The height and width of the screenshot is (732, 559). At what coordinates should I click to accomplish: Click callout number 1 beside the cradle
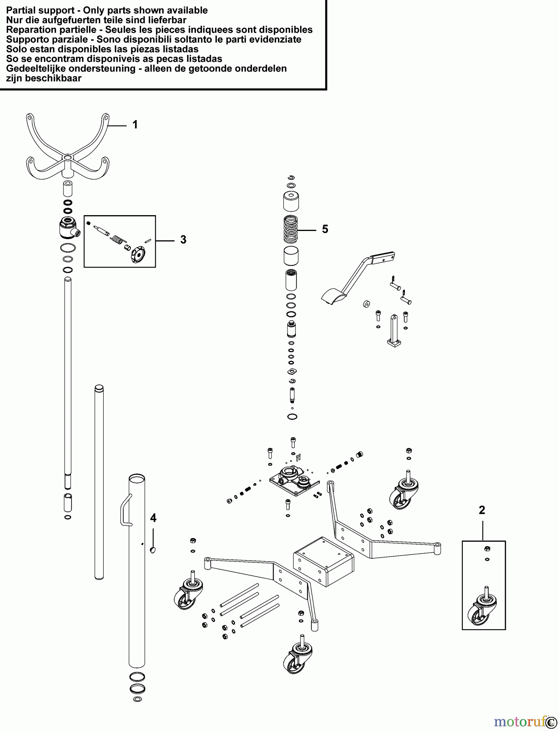point(135,125)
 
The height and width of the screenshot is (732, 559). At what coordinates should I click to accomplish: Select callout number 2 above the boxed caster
point(482,510)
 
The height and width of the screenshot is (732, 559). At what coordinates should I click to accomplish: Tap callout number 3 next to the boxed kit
point(183,240)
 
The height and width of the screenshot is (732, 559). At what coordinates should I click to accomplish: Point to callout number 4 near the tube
point(153,518)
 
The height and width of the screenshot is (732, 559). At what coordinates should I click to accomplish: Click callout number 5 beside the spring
point(325,229)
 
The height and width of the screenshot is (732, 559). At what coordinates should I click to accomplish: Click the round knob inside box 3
point(138,255)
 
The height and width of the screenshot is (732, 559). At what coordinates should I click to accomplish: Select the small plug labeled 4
point(153,550)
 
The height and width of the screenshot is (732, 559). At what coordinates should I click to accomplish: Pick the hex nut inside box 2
point(487,549)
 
